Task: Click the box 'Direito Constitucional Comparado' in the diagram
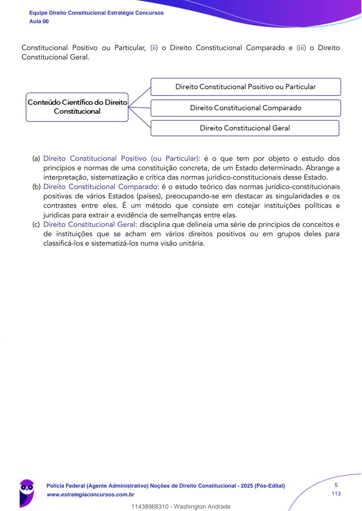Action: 246,108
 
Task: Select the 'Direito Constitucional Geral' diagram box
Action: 245,128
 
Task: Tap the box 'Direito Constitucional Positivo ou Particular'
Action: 246,87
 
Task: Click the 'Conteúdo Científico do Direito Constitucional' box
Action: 77,107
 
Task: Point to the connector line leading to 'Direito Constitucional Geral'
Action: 140,118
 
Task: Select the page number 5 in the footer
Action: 336,485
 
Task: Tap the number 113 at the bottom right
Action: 336,494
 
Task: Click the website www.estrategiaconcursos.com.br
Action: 90,495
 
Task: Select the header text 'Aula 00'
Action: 39,21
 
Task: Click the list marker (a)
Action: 36,158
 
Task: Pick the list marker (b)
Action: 36,187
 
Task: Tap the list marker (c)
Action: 36,225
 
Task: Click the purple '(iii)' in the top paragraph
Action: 301,48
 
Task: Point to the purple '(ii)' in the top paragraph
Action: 154,48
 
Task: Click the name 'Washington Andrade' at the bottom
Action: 202,507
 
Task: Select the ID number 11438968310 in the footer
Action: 150,507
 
